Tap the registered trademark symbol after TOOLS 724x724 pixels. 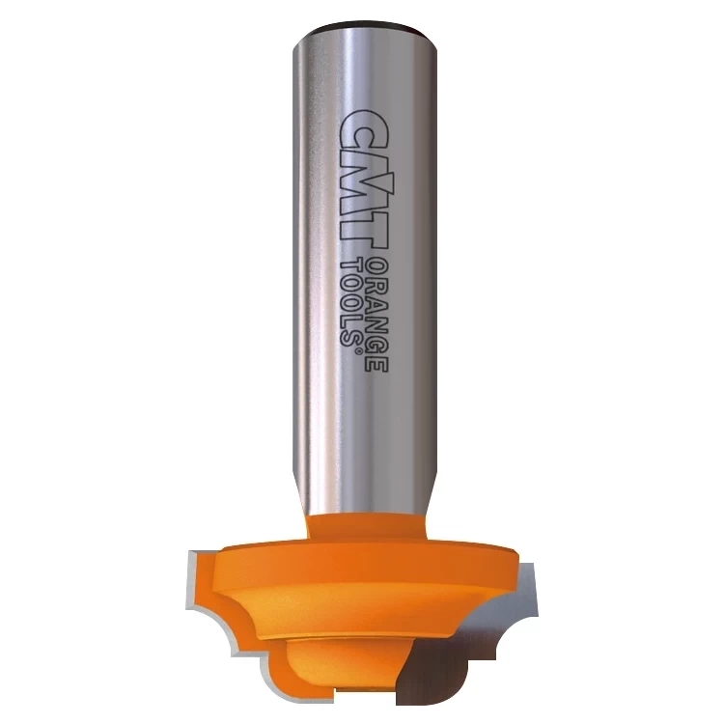[355, 352]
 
